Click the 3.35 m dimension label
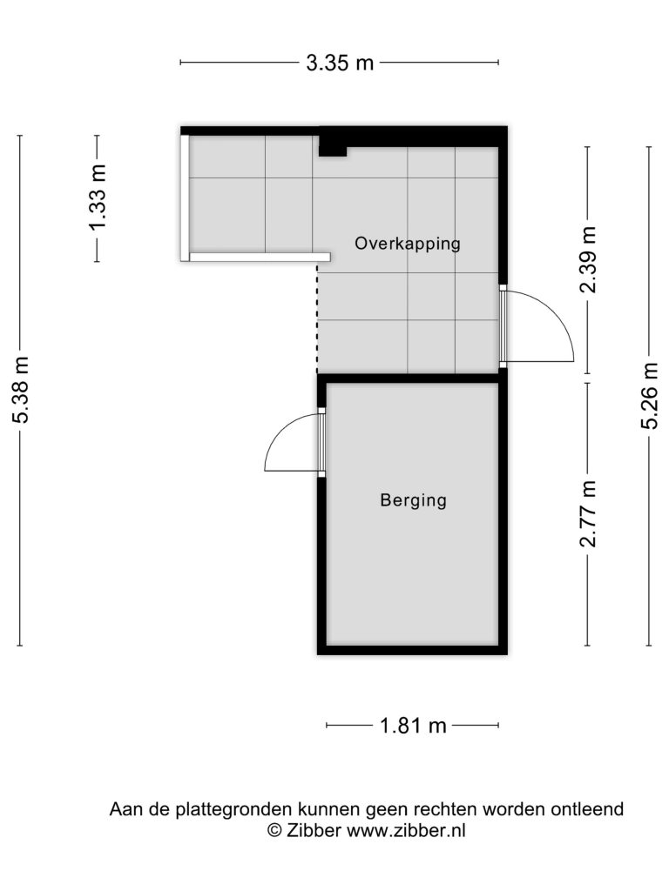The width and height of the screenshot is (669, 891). pyautogui.click(x=340, y=62)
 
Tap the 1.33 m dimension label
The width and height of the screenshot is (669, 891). pyautogui.click(x=97, y=198)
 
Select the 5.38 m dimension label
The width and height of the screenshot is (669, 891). pyautogui.click(x=20, y=390)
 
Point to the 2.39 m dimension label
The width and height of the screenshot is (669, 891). pyautogui.click(x=588, y=259)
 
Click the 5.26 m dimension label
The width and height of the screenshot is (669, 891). pyautogui.click(x=649, y=396)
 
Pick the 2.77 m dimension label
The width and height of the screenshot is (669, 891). pyautogui.click(x=588, y=513)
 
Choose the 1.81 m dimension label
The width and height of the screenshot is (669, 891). pyautogui.click(x=413, y=726)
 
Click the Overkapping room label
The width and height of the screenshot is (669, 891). pyautogui.click(x=408, y=244)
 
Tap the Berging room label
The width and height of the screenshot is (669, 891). pyautogui.click(x=414, y=500)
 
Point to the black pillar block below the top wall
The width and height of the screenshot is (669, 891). pyautogui.click(x=332, y=146)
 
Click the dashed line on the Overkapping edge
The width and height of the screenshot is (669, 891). pyautogui.click(x=317, y=317)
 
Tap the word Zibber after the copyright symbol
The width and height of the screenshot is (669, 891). pyautogui.click(x=314, y=830)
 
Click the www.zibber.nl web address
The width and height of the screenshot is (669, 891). pyautogui.click(x=406, y=830)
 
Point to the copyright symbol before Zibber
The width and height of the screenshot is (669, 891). pyautogui.click(x=274, y=830)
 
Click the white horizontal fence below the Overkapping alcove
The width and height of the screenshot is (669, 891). pyautogui.click(x=260, y=258)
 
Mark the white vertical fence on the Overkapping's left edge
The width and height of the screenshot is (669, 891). pyautogui.click(x=185, y=198)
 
